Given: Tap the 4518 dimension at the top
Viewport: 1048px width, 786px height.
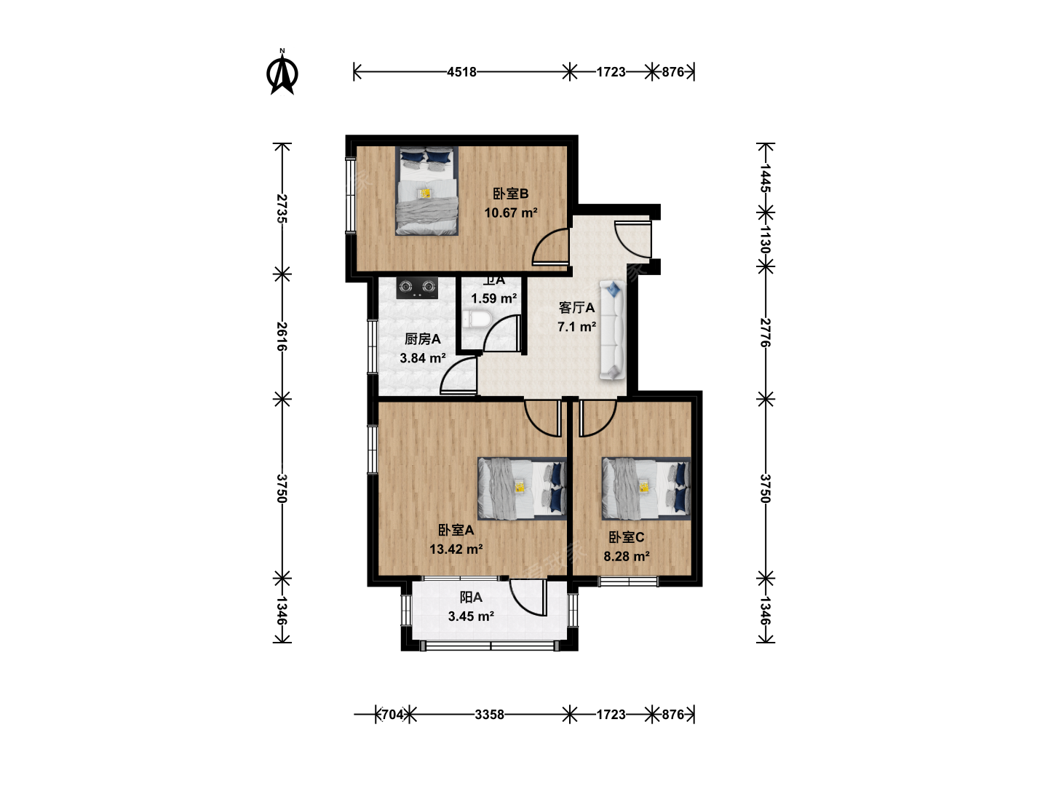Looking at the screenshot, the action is tap(461, 72).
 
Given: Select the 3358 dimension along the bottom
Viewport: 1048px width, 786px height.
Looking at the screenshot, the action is tap(489, 715).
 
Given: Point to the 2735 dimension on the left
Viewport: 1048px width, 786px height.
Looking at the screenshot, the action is tap(282, 209).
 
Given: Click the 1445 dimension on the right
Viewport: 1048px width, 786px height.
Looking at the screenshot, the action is tap(766, 178).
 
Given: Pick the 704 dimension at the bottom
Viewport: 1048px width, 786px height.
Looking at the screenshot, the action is tap(393, 715).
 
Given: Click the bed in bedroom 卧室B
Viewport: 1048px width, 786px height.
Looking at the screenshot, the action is tap(426, 191).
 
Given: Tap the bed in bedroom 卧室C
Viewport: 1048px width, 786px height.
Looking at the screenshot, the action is tap(646, 488).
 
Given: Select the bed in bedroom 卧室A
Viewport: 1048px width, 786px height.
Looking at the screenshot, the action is tap(523, 488).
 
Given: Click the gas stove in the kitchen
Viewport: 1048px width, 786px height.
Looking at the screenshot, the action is tap(417, 287).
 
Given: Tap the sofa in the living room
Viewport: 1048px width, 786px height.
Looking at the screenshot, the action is tap(613, 330).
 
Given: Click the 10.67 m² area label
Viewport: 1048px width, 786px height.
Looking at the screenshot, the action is tap(511, 213).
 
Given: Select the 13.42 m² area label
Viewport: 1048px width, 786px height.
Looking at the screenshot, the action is tap(456, 549).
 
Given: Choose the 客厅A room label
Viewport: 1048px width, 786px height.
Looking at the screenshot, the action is tap(576, 308).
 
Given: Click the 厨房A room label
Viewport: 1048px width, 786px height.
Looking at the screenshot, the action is tap(423, 339).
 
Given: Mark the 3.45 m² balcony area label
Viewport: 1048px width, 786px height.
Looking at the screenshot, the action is tap(471, 616).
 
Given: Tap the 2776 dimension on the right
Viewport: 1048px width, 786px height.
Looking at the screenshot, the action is tap(766, 332).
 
